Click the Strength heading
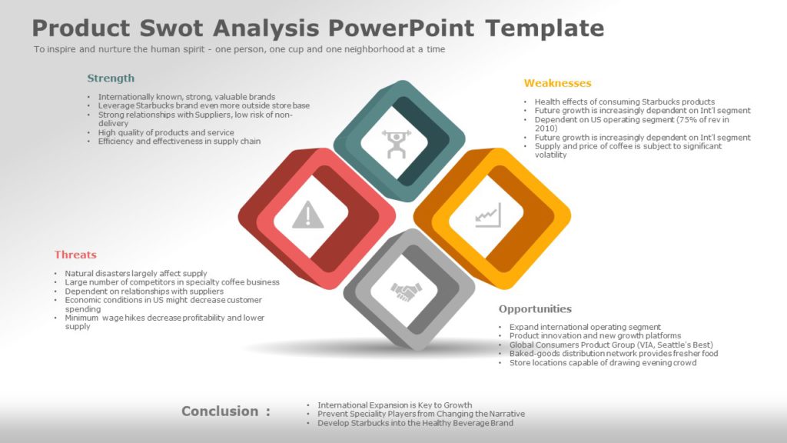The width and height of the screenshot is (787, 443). tap(111, 78)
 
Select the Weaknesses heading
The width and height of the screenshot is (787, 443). tap(557, 83)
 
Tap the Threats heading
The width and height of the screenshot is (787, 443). tap(75, 255)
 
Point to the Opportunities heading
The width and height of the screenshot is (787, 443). tap(535, 309)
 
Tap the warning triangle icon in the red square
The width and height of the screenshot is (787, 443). tap(308, 215)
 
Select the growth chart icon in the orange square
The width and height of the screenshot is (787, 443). tap(488, 215)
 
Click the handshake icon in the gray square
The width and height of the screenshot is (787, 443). tap(406, 291)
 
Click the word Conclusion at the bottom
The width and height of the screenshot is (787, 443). tap(220, 411)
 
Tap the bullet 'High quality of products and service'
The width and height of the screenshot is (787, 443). tap(166, 132)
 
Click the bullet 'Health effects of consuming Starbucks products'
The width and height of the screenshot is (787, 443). tap(624, 102)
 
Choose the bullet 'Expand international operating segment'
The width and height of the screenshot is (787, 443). tap(585, 327)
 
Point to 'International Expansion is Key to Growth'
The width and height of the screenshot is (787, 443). tap(394, 405)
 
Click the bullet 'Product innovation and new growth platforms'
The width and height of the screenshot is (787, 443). tap(595, 336)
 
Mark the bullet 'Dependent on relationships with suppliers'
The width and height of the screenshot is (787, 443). tap(144, 291)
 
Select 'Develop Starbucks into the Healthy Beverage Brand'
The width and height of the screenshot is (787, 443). tap(415, 423)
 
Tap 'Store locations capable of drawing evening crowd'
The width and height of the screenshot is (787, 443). tap(603, 363)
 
